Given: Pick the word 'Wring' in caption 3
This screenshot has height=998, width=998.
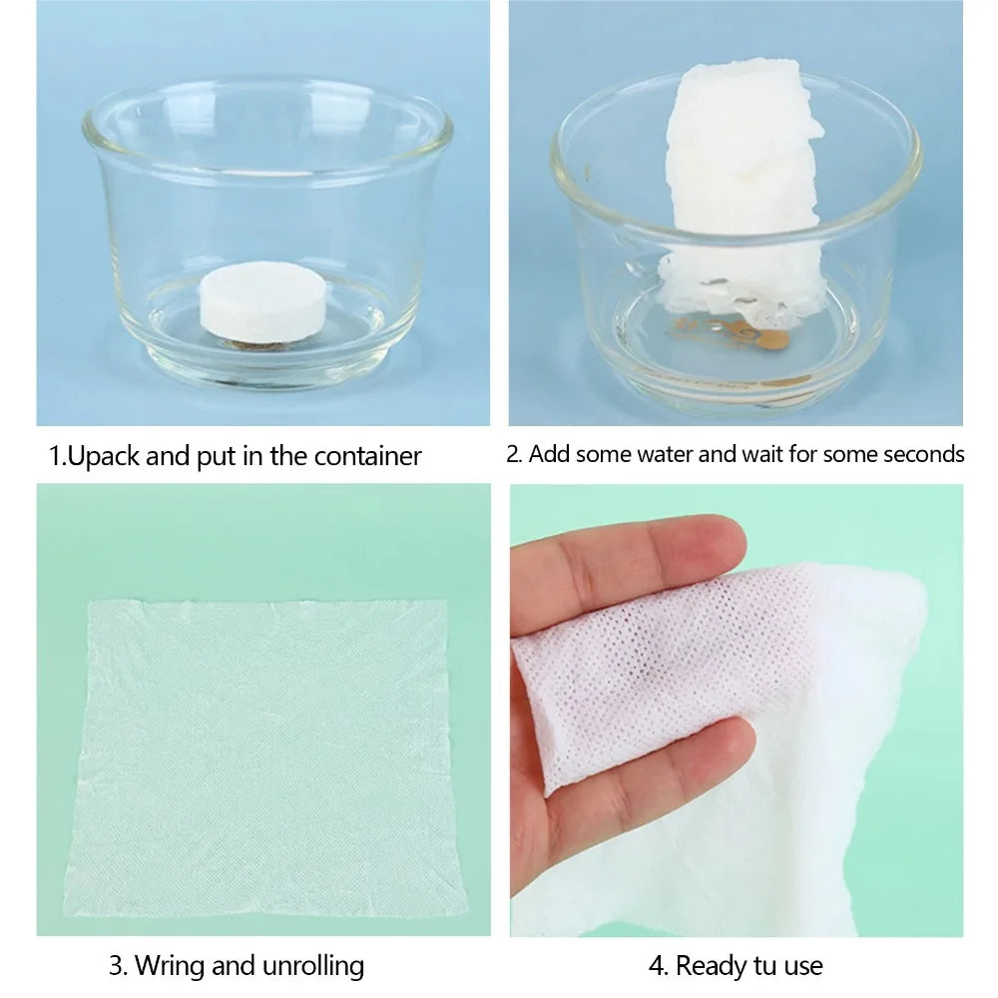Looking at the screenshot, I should coord(169,965).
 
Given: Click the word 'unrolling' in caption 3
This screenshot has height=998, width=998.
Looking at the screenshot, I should coord(315,965).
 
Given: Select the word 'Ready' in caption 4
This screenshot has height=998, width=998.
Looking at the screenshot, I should coord(711,965).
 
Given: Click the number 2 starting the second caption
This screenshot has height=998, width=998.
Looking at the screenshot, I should coord(512,454).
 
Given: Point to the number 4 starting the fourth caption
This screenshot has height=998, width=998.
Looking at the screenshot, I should coord(656,965).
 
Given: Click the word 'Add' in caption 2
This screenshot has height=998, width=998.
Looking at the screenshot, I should coord(546,454).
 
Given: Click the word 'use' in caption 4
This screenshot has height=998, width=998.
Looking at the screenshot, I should coord(805,965).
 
